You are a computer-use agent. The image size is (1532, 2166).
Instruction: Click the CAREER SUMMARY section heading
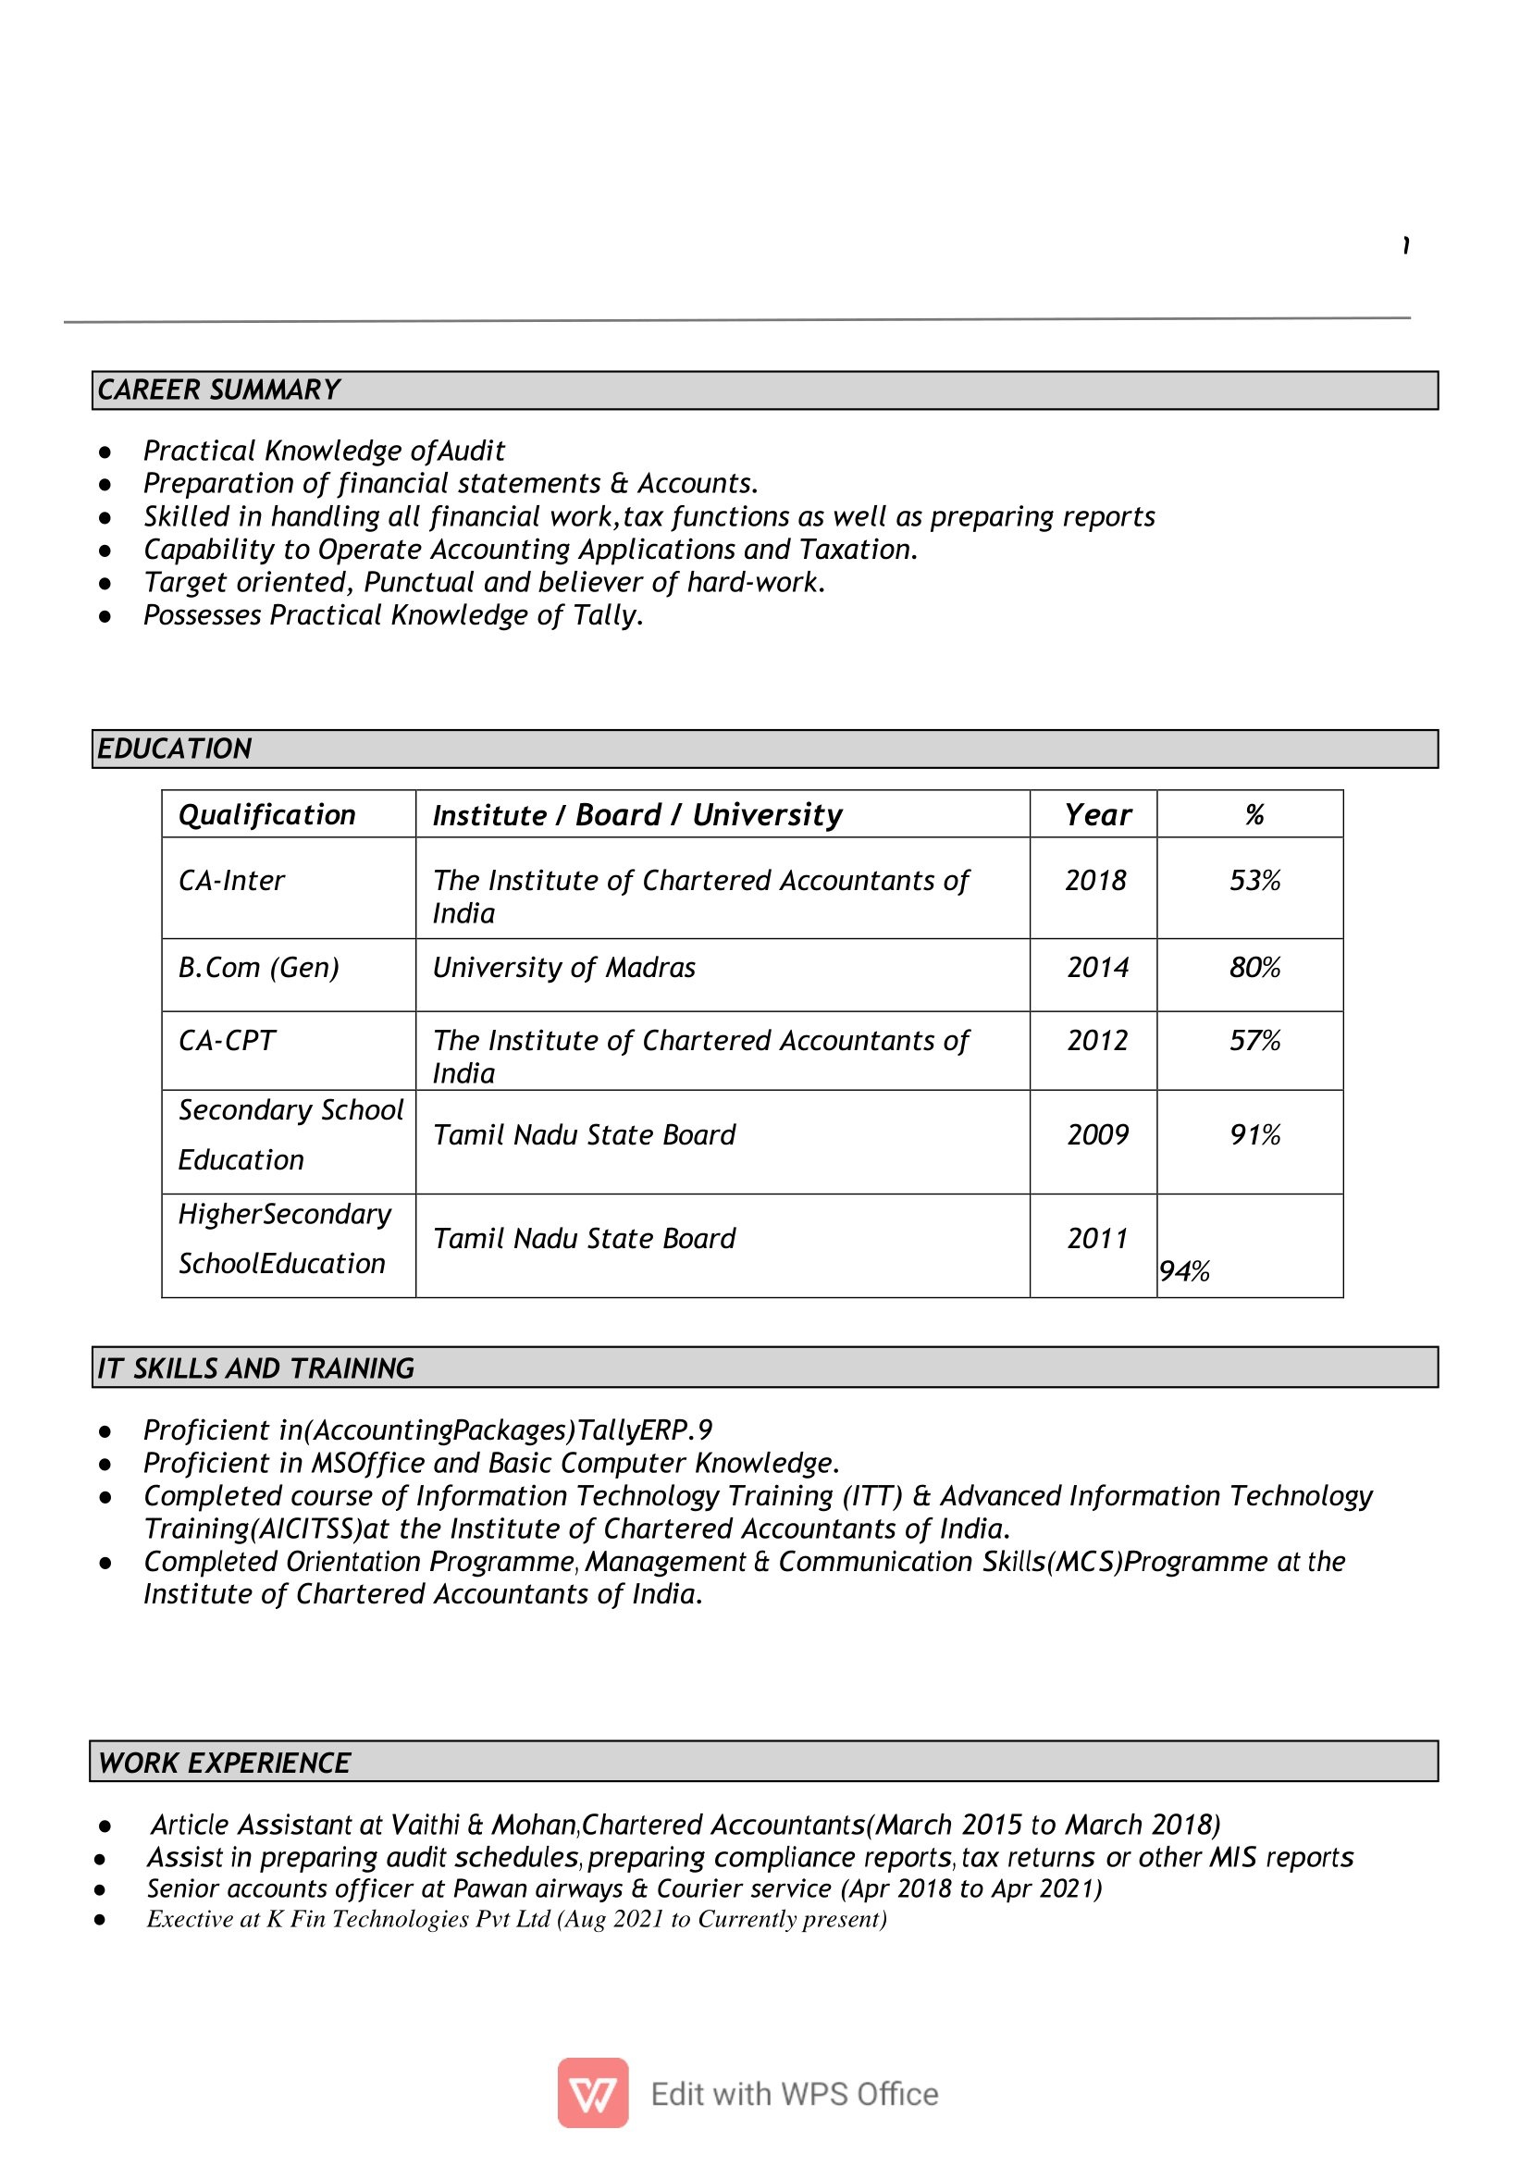point(219,390)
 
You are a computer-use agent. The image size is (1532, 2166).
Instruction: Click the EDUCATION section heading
point(175,749)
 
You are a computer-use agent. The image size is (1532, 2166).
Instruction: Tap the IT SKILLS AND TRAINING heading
point(255,1368)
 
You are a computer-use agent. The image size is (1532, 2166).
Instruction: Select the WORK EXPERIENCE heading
point(225,1763)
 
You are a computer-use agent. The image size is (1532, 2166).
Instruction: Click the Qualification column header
point(267,815)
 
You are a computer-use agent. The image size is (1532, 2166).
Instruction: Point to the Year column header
point(1097,815)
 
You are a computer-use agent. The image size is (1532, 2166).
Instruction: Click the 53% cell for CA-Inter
point(1254,881)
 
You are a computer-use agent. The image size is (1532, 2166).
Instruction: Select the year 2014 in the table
point(1097,968)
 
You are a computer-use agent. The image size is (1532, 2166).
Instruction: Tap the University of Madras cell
point(563,968)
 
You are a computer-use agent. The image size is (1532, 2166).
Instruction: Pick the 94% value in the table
point(1184,1271)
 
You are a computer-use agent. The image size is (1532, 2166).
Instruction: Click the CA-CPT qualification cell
point(227,1041)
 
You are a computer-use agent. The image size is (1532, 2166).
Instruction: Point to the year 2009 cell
point(1097,1135)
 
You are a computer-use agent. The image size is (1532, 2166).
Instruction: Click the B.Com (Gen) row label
point(258,968)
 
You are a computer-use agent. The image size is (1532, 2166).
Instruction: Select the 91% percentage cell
point(1254,1135)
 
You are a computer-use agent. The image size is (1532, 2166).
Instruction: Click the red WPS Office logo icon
point(592,2093)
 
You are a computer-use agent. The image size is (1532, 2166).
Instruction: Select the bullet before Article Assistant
point(105,1826)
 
